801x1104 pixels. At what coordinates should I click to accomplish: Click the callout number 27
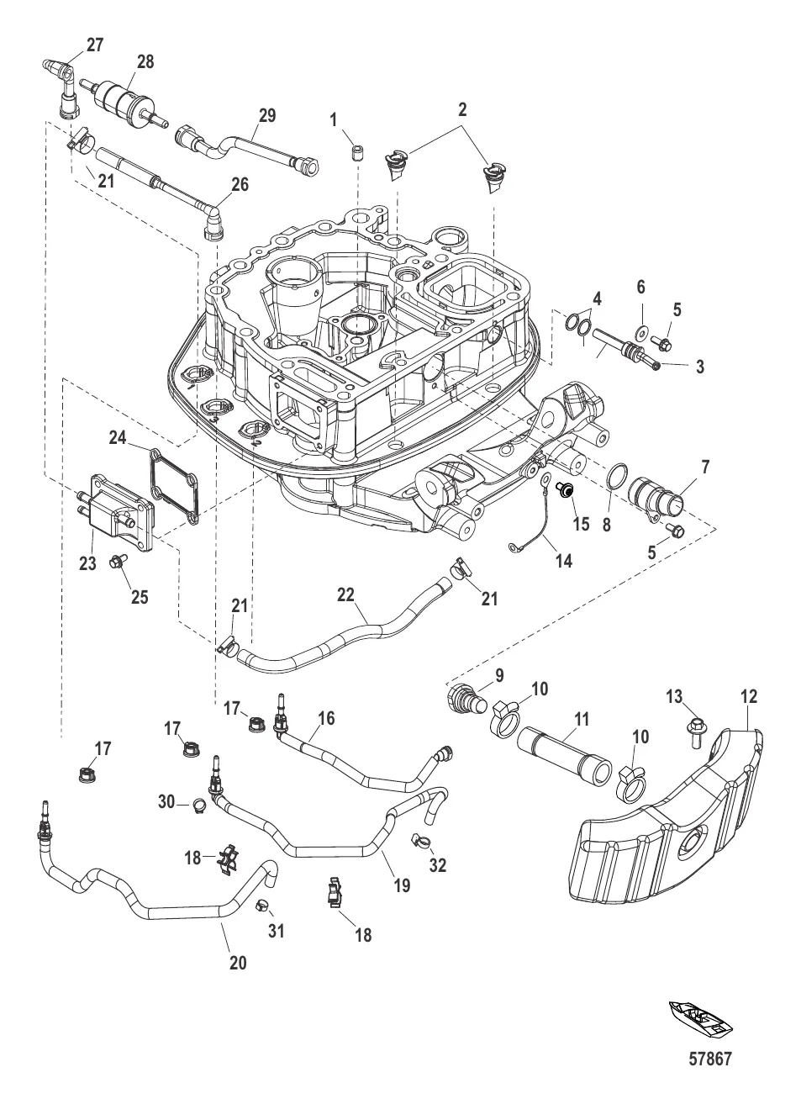[95, 45]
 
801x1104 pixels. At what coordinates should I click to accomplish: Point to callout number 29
[267, 115]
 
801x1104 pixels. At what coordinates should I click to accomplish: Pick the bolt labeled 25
[118, 562]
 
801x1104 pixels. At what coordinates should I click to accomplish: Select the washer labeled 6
[641, 330]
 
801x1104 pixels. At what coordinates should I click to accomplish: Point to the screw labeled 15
[567, 490]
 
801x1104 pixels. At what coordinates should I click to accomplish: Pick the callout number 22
[348, 594]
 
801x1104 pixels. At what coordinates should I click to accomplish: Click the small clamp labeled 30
[200, 805]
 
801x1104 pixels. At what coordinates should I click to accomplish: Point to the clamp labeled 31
[262, 905]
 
